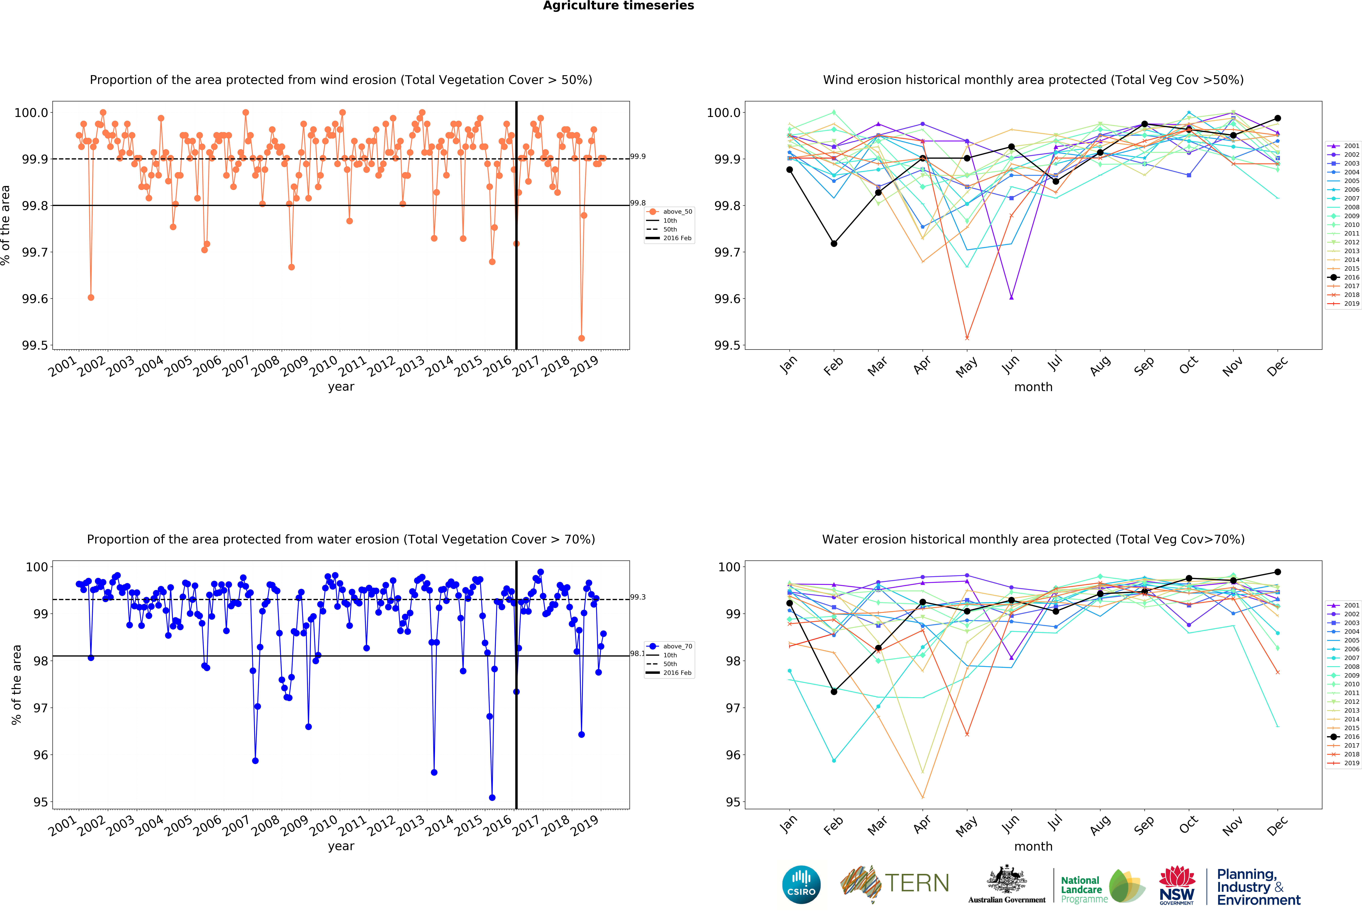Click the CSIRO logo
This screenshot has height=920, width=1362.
pyautogui.click(x=801, y=884)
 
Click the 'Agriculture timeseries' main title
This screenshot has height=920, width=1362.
pyautogui.click(x=618, y=6)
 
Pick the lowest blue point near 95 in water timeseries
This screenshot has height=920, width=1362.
pyautogui.click(x=492, y=798)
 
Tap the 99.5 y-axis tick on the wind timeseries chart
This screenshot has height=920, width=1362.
pyautogui.click(x=35, y=345)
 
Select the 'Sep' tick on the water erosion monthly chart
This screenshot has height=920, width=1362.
pyautogui.click(x=1143, y=824)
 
